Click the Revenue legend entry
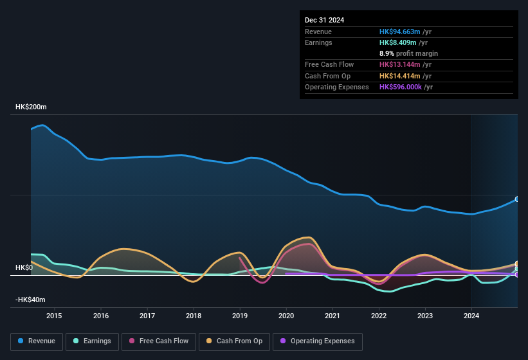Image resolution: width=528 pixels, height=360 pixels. click(36, 341)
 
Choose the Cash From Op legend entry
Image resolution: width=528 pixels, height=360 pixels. click(233, 341)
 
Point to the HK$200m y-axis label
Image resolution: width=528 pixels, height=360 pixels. click(31, 107)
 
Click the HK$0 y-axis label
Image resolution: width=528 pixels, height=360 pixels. click(24, 267)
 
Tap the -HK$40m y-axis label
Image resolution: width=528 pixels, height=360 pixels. click(30, 300)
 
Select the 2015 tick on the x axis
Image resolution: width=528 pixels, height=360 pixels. click(54, 316)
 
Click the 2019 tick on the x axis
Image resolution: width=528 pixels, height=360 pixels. click(240, 316)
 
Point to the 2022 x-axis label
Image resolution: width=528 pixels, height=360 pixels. click(379, 316)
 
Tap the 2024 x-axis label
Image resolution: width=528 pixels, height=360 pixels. click(471, 316)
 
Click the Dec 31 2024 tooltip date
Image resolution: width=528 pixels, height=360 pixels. click(324, 20)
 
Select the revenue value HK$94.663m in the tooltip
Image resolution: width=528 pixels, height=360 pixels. click(400, 32)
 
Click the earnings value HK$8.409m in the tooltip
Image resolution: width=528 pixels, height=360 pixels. click(398, 42)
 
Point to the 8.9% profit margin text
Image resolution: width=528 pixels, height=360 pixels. click(408, 53)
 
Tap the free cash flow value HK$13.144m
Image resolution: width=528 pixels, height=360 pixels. click(400, 64)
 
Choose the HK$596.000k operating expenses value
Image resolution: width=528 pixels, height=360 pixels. click(401, 87)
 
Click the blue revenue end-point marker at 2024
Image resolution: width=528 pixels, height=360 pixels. click(517, 199)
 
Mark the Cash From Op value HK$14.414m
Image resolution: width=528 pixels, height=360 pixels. click(400, 76)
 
